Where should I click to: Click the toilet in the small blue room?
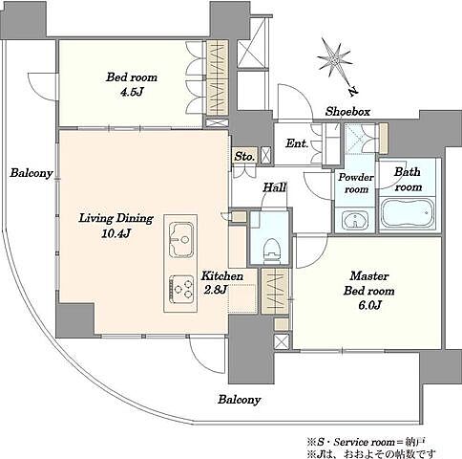tap(271, 251)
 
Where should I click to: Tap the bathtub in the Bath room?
tap(408, 213)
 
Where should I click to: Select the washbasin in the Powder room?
tap(355, 220)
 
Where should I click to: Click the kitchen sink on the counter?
tap(180, 239)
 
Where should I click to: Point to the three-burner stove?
tap(181, 289)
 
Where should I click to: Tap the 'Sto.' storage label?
tap(244, 157)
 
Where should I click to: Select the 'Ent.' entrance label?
tap(297, 143)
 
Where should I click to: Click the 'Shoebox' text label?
tap(347, 112)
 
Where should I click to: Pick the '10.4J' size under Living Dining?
tap(116, 233)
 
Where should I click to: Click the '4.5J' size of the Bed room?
tap(132, 92)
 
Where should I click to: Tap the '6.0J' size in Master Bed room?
tap(369, 306)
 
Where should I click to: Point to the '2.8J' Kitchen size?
tap(216, 290)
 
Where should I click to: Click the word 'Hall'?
tap(275, 187)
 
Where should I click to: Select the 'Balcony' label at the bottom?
tap(240, 400)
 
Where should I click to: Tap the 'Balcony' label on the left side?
tap(31, 173)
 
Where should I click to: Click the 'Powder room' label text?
tap(356, 184)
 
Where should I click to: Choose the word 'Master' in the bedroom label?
tap(369, 275)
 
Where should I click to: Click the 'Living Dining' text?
tap(116, 218)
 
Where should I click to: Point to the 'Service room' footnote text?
tap(364, 442)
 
